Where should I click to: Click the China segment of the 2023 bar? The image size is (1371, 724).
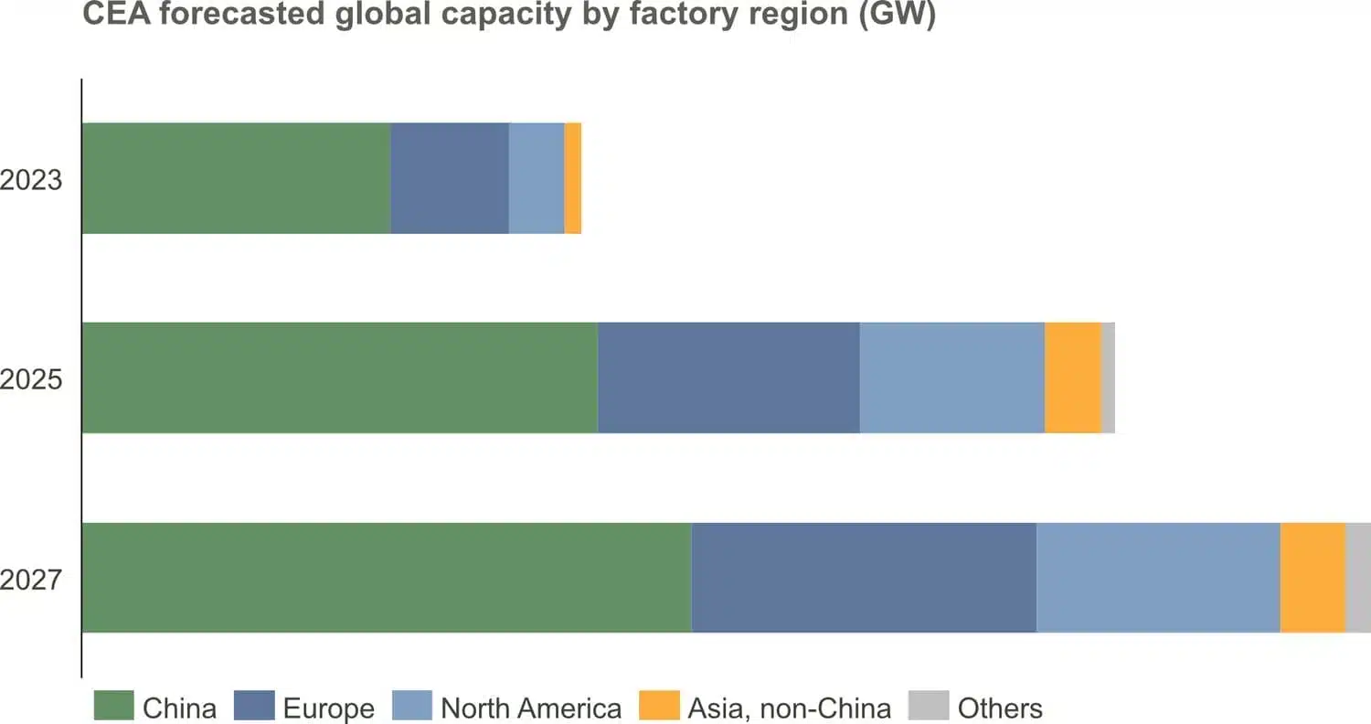[236, 178]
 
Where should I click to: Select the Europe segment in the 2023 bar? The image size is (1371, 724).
[450, 178]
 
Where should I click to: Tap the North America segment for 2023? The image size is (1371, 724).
[537, 178]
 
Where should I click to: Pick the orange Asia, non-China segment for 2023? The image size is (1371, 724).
[573, 178]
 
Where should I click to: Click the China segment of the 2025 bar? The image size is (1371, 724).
[340, 378]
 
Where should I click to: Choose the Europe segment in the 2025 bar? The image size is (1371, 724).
[728, 378]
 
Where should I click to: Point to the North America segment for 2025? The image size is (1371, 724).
[951, 378]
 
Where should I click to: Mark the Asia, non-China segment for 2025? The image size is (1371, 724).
[1073, 378]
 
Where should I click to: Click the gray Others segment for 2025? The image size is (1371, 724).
[1109, 378]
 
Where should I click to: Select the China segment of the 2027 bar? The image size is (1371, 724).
[387, 577]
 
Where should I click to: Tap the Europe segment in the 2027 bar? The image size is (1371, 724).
[864, 577]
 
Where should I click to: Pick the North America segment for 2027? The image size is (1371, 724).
[1158, 577]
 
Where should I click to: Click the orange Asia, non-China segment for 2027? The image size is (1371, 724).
[1313, 577]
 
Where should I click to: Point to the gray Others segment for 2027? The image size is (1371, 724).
[1358, 577]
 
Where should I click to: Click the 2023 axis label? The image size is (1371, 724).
[31, 179]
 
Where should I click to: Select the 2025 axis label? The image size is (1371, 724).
[31, 378]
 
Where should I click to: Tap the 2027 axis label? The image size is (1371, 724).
[31, 579]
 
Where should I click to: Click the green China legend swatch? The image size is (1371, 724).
[114, 707]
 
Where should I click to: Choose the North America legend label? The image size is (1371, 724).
[530, 708]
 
